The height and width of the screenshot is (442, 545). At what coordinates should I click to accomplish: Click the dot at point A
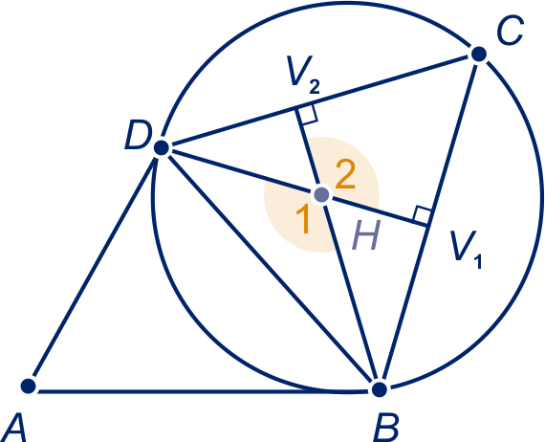coord(28,386)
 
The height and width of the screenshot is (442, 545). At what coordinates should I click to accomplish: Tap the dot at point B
coord(380,389)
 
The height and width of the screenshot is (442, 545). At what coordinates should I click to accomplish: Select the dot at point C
coord(479,54)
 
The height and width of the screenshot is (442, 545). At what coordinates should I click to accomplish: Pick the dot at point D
coord(162,147)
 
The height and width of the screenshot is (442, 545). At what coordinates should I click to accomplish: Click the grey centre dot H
coord(321,195)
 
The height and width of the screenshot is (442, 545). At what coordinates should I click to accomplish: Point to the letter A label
coord(14,428)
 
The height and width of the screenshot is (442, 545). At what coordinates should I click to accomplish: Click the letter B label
coord(386,428)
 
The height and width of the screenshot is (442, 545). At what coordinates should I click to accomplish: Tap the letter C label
coord(510,30)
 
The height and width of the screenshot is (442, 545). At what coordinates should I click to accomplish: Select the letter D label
coord(139,135)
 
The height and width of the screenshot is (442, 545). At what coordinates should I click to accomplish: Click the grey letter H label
coord(366,235)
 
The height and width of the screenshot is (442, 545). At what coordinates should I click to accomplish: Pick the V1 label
coord(466,250)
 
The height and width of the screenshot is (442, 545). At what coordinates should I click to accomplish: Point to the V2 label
coord(303,75)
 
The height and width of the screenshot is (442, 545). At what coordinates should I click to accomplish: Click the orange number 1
coord(303,219)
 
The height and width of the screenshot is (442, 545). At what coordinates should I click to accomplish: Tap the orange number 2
coord(345,175)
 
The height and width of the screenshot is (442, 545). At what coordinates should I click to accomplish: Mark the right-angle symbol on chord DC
coord(306,114)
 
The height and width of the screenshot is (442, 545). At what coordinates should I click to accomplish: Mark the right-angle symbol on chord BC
coord(422,215)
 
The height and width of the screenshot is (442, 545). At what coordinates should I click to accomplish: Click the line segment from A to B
coord(204,391)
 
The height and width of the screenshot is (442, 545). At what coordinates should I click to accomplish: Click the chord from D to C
coord(320,100)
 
